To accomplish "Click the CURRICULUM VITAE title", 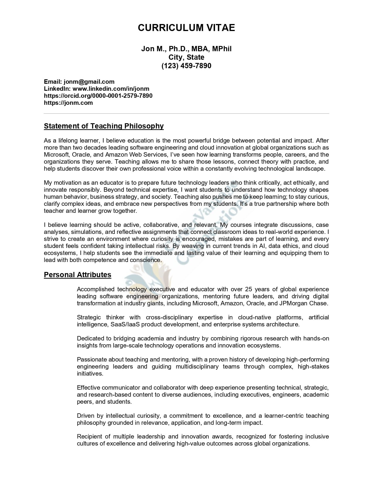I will (x=186, y=28).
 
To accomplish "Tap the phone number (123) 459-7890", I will (x=186, y=66).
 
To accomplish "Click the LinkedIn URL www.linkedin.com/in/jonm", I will (x=111, y=89).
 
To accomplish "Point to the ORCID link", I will (x=98, y=96).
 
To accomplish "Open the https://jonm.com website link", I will (x=68, y=103).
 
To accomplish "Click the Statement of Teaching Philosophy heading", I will (x=104, y=126).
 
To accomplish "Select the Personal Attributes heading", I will (x=78, y=275).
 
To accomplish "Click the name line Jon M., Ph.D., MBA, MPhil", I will (x=186, y=49).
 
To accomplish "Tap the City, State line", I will (x=186, y=57).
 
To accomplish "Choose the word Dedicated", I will (x=90, y=339).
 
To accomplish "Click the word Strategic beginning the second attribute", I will (x=89, y=318).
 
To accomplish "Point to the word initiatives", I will (x=90, y=374).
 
